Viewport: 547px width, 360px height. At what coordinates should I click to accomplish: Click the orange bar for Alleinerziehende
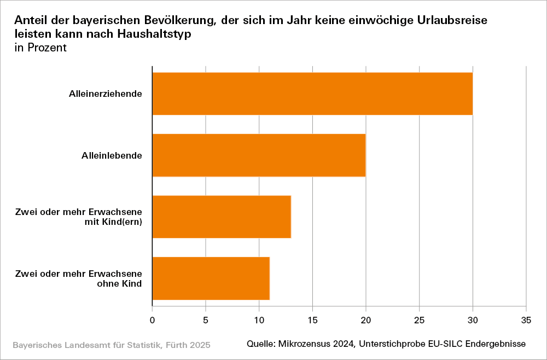(x=312, y=94)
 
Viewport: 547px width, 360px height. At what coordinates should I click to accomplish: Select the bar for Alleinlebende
(x=259, y=155)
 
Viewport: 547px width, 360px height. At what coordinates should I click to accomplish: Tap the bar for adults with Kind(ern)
(x=222, y=217)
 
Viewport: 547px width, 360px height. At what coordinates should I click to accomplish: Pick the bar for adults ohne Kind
(x=211, y=278)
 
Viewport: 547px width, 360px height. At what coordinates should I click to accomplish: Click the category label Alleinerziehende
(x=106, y=94)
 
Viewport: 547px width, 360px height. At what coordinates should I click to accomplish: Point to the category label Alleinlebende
(x=108, y=155)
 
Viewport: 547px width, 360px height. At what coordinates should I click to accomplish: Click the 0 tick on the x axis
(x=152, y=318)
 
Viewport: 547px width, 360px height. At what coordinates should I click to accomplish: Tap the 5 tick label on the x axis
(x=205, y=318)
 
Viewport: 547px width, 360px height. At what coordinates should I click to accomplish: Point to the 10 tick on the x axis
(x=259, y=318)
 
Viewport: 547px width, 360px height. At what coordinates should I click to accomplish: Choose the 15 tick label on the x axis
(x=312, y=318)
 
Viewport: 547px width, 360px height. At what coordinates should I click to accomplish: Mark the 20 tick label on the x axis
(x=365, y=318)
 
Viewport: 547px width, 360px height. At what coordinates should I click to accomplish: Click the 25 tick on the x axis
(x=419, y=318)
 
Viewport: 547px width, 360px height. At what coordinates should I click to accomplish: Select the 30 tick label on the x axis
(x=473, y=318)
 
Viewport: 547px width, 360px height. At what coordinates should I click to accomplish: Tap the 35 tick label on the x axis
(x=526, y=318)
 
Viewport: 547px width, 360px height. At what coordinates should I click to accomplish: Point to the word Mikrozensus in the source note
(x=305, y=344)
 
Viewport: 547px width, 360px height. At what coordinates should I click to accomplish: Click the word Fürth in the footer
(x=171, y=345)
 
